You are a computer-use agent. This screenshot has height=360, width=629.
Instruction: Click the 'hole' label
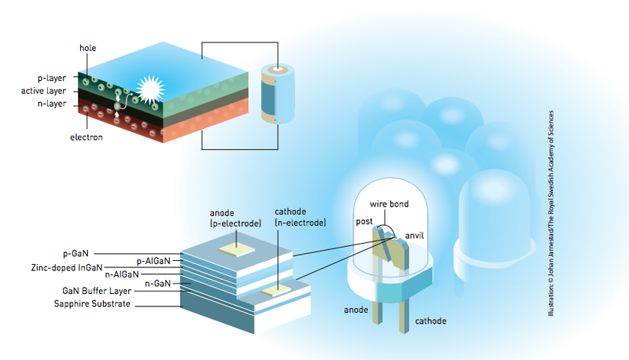pos(88,47)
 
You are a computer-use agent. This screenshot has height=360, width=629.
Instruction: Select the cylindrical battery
pos(275,94)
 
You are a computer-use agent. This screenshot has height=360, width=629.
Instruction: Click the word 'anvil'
pos(415,235)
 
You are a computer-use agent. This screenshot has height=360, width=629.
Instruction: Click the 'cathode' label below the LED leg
pos(432,321)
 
